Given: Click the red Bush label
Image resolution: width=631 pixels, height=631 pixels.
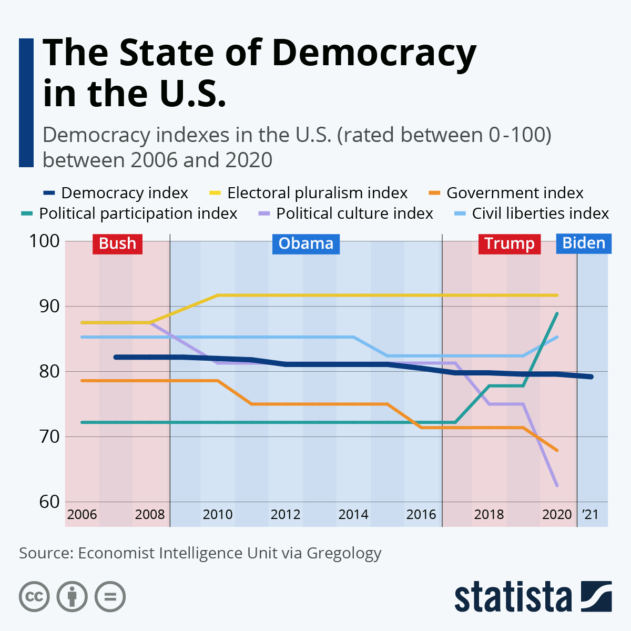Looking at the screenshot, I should coord(117,243).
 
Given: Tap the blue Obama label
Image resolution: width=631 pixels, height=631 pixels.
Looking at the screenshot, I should coord(306,243).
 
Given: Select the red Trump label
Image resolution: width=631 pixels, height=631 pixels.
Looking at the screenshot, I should coord(509,243).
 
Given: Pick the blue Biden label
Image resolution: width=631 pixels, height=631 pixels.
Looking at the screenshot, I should coord(584,243).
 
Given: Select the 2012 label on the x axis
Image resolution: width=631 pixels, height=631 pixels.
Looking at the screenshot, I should coord(286,514).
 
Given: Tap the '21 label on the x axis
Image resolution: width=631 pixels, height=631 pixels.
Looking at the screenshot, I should coord(590,514).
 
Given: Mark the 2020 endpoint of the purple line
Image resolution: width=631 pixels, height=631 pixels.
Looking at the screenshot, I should coord(557,485).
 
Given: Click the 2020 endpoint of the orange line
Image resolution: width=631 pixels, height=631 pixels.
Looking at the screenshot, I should coord(557,450).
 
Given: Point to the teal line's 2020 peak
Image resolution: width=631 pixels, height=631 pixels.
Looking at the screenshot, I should coord(557,313).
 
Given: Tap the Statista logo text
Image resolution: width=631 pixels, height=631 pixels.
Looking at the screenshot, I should coord(513,597).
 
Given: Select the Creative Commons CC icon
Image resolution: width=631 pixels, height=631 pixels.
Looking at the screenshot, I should coord(34,597).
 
